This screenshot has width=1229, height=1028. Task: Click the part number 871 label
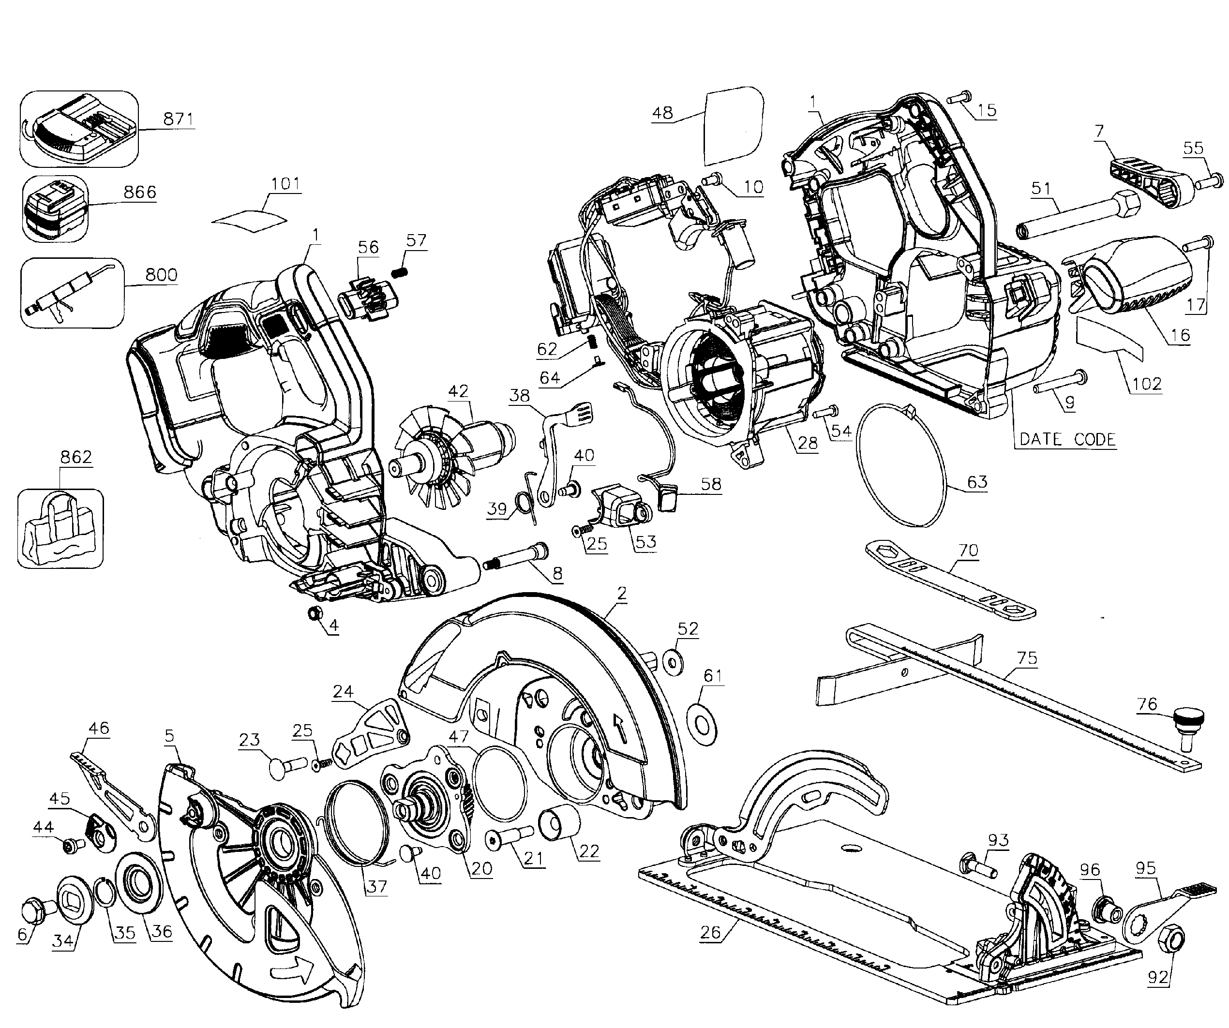point(178,119)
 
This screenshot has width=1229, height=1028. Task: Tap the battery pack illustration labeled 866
point(54,209)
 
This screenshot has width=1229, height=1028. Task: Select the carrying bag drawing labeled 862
point(60,528)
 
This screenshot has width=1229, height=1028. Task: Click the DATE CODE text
point(1067,439)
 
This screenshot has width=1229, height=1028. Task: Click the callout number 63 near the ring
point(977,482)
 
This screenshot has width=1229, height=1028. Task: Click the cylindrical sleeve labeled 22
point(563,824)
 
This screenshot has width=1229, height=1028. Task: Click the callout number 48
point(662,112)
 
